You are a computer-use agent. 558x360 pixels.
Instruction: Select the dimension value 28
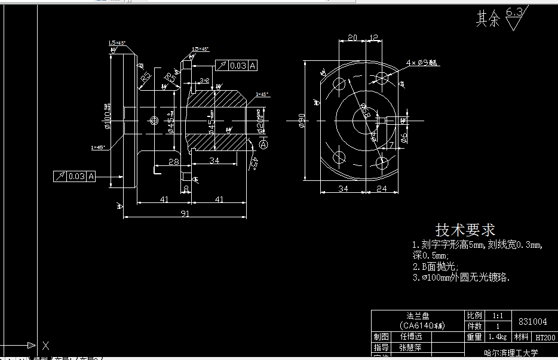tap(173, 161)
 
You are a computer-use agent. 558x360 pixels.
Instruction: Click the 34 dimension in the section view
tap(214, 161)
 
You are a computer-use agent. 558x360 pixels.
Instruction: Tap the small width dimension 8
tap(186, 189)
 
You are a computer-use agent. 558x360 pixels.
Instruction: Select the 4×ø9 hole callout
tap(422, 62)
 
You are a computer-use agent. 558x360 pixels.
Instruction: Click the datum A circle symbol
tap(264, 144)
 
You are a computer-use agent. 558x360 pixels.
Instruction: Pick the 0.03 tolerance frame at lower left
tap(75, 176)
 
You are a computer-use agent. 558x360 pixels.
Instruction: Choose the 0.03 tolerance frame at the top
tap(235, 66)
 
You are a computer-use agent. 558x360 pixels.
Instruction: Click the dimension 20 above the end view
tap(352, 38)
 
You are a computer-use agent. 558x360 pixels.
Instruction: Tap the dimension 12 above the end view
tap(374, 38)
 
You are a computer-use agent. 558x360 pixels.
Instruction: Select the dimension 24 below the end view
tap(382, 189)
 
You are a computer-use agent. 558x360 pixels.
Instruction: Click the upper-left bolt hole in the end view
tap(339, 82)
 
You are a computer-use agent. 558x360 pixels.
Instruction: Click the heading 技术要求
tap(465, 230)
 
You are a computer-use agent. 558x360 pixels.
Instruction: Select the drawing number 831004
tap(533, 321)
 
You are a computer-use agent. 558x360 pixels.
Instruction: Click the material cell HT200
tap(545, 337)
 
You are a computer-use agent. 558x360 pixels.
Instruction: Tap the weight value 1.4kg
tap(494, 337)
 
